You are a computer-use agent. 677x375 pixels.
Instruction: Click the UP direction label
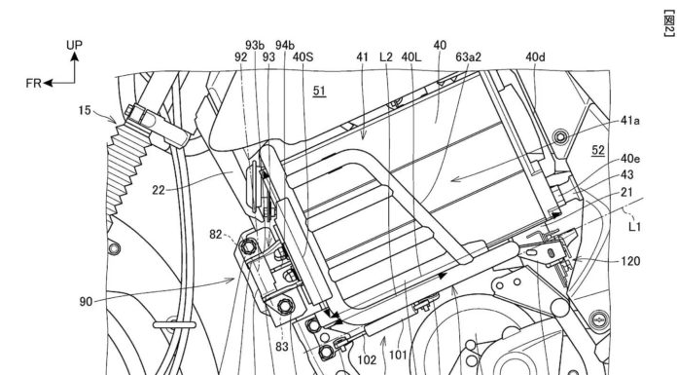(x=74, y=45)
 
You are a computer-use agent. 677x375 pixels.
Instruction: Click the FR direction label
(x=33, y=83)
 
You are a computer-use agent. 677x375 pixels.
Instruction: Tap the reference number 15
(x=85, y=111)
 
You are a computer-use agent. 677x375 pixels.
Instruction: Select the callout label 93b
(x=255, y=45)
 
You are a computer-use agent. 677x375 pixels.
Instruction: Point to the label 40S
(x=303, y=57)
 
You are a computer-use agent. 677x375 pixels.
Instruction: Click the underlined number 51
(x=319, y=91)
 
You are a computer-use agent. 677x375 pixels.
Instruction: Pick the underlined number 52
(x=598, y=151)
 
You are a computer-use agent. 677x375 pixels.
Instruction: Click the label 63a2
(x=469, y=57)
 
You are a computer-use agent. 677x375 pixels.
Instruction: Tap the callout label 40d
(x=535, y=57)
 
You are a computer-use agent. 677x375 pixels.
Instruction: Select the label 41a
(x=630, y=121)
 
